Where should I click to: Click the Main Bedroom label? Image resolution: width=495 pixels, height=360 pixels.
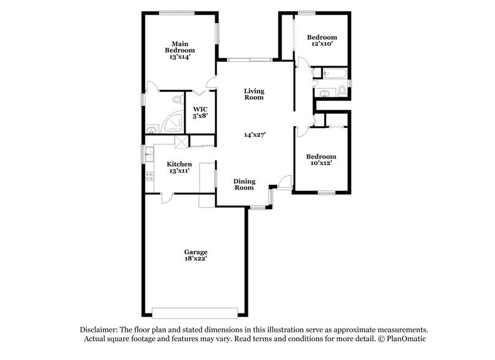pos(179,47)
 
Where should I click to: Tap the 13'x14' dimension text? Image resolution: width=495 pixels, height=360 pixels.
pos(179,57)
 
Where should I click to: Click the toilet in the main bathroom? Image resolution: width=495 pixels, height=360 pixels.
pos(177,99)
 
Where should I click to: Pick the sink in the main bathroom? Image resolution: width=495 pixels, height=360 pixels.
pos(152,129)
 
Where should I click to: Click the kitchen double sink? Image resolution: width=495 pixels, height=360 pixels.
pos(149,153)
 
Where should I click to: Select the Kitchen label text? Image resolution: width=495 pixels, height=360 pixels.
pos(179,164)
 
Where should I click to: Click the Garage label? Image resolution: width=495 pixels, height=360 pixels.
pos(196,252)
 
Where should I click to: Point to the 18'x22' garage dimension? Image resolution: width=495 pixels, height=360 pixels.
pos(196,260)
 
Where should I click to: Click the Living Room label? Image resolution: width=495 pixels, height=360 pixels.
pos(254,94)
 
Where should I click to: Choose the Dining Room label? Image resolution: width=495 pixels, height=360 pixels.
pos(244,184)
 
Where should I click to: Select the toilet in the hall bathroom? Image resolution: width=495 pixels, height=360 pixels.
pos(342,91)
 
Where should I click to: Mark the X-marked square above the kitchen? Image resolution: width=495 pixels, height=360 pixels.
pos(181,141)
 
